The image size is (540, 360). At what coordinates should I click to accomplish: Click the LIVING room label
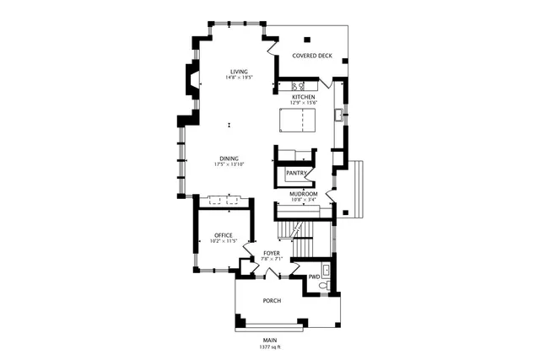tap(239, 72)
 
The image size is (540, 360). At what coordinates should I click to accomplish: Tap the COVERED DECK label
tap(312, 56)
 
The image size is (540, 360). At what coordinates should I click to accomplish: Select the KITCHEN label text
tap(303, 97)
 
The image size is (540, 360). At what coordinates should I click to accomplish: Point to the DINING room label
tap(229, 158)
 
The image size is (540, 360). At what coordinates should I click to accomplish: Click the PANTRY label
tap(295, 174)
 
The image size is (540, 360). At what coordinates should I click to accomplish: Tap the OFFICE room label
tap(223, 235)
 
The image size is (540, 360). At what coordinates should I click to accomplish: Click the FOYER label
tap(271, 252)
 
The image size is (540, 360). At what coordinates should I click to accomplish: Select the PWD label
tap(314, 277)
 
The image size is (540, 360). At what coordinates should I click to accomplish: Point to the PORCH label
tap(271, 301)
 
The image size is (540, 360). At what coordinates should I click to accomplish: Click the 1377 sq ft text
tap(270, 347)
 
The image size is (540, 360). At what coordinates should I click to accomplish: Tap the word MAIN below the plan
tap(270, 341)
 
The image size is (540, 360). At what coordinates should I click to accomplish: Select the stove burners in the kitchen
tap(299, 86)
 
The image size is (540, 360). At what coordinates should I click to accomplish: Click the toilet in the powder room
tap(326, 287)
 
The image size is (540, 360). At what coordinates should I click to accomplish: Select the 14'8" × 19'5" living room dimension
tap(239, 78)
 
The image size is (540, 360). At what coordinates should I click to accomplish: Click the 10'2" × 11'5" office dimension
tap(223, 242)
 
